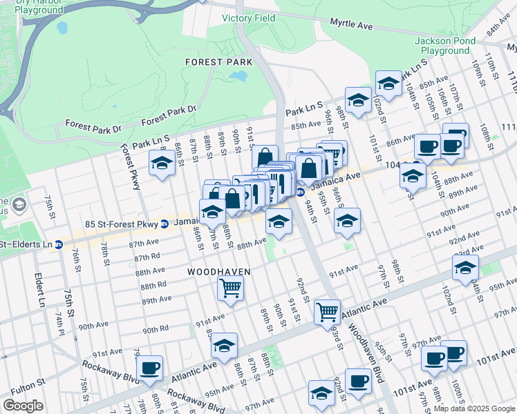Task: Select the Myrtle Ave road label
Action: point(351,24)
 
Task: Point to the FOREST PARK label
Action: point(218,62)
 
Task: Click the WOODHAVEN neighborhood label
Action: point(218,273)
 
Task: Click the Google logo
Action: point(23,406)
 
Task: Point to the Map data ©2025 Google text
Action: point(474,408)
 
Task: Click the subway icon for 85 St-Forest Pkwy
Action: point(164,224)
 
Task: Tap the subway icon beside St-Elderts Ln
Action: point(59,244)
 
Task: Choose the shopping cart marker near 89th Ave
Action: point(229,287)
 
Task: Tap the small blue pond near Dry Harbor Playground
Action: point(62,28)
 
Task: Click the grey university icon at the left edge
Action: point(19,204)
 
